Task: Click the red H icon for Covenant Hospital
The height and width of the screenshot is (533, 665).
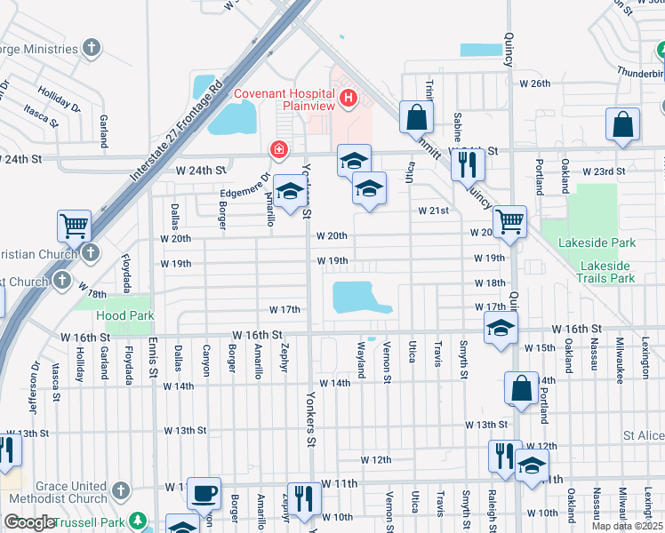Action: pos(349,97)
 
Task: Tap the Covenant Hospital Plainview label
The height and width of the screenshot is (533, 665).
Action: pos(284,99)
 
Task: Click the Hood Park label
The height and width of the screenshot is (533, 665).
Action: pos(125,315)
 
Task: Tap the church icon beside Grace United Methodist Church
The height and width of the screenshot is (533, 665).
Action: pos(122,490)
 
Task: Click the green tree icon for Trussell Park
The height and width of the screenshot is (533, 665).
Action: pos(137,520)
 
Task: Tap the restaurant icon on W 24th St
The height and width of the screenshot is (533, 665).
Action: pos(466,163)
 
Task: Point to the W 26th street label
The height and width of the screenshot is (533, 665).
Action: pos(534,84)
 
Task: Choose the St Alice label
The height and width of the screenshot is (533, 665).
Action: pos(642,436)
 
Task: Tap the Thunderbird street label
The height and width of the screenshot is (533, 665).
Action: pos(639,74)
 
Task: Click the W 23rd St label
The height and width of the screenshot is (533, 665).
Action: pos(605,171)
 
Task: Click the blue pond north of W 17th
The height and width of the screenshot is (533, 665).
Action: pos(358,298)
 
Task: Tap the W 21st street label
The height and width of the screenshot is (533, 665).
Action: pos(434,211)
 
